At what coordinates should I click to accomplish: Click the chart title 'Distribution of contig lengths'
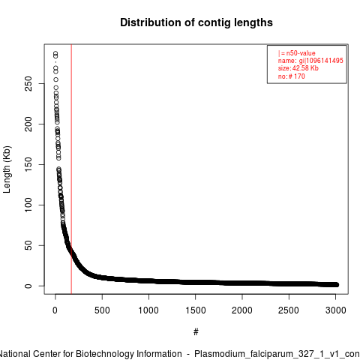click(x=196, y=22)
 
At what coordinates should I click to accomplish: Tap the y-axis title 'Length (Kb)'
click(x=7, y=169)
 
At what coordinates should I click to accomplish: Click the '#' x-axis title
click(x=196, y=332)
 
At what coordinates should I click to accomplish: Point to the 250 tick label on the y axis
click(x=28, y=83)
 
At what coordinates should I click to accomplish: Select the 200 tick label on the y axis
click(x=28, y=124)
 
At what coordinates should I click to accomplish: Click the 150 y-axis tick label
click(x=28, y=164)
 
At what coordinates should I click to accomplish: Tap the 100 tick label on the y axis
click(x=28, y=205)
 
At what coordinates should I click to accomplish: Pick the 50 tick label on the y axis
click(x=28, y=245)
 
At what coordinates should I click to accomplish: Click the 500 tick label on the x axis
click(x=102, y=310)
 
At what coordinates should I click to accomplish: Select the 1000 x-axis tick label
click(x=148, y=310)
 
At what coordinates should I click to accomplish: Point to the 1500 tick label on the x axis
click(x=196, y=310)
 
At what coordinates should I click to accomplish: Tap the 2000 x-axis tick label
click(x=242, y=310)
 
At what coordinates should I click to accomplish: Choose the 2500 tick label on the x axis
click(x=289, y=310)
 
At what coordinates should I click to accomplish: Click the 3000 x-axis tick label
click(x=335, y=310)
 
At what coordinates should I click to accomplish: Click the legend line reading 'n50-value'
click(x=297, y=53)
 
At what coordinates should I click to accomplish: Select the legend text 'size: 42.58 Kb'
click(x=298, y=68)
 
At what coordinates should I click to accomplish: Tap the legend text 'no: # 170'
click(x=292, y=76)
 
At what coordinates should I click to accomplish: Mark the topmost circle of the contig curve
click(x=55, y=53)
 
